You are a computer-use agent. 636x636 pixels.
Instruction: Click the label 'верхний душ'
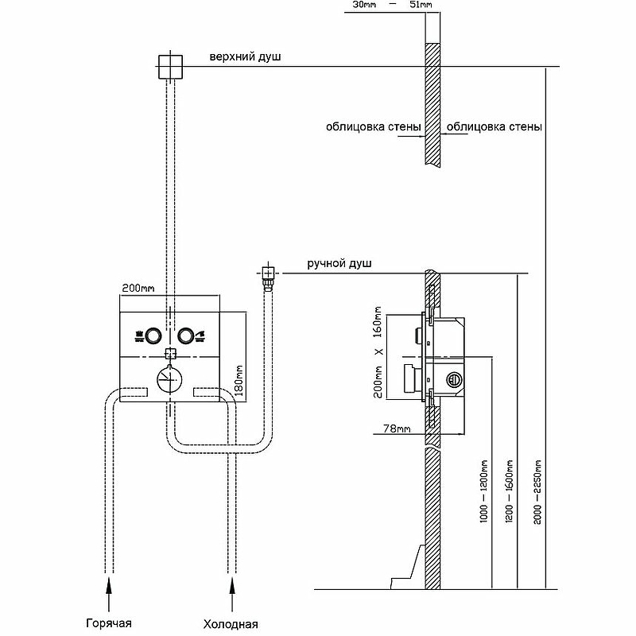tap(246, 58)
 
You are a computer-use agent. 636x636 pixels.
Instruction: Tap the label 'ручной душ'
tap(339, 263)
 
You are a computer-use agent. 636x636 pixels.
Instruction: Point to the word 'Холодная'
tap(231, 623)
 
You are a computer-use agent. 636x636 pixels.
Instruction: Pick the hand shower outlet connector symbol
tap(268, 275)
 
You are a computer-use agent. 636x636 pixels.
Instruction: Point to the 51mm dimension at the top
tap(420, 6)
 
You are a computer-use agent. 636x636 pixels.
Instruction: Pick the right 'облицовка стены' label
tap(495, 126)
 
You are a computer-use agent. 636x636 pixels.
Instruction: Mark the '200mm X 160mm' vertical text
tap(379, 351)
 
